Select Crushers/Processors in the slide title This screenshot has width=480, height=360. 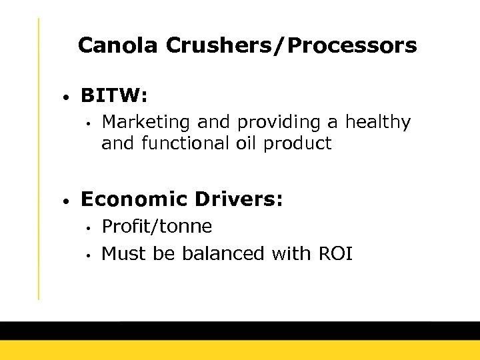(291, 46)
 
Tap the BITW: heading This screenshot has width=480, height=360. (114, 96)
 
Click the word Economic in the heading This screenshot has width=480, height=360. (133, 199)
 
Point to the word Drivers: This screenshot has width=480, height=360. (237, 199)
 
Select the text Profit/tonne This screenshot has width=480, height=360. (157, 227)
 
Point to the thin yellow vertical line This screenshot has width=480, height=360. (39, 160)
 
